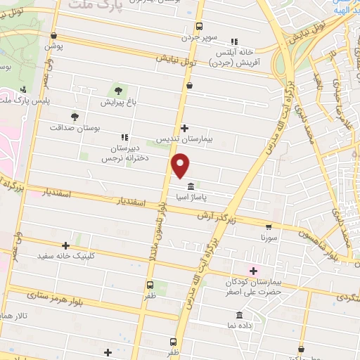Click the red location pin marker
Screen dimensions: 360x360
pyautogui.click(x=181, y=166)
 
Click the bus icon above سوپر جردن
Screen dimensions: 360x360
pyautogui.click(x=200, y=25)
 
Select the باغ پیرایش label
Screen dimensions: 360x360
pyautogui.click(x=116, y=103)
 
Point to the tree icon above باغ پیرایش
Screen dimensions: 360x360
pyautogui.click(x=117, y=90)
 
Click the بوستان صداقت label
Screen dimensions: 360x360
pyautogui.click(x=74, y=129)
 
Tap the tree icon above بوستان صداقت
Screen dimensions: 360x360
pyautogui.click(x=75, y=116)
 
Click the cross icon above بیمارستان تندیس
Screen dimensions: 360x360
pyautogui.click(x=184, y=127)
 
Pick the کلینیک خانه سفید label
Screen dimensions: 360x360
pyautogui.click(x=65, y=257)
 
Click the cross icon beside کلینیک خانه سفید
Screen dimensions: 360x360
pyautogui.click(x=66, y=245)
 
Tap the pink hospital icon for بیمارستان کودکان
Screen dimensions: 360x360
pyautogui.click(x=253, y=271)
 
